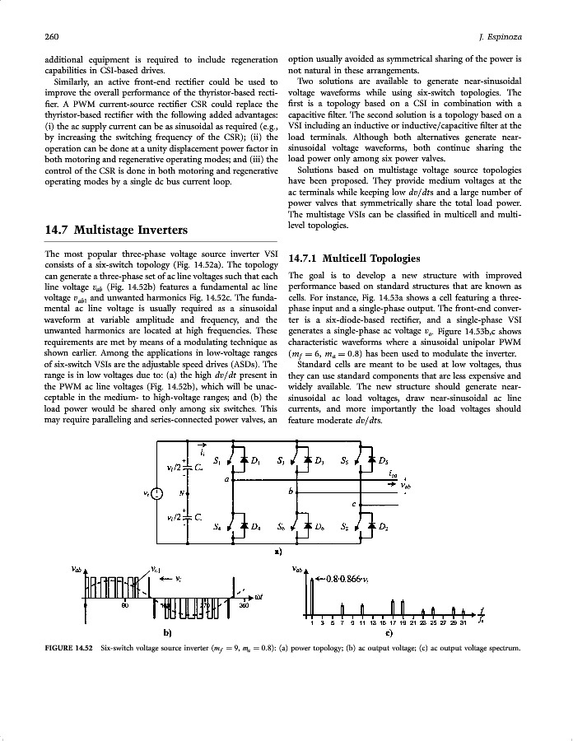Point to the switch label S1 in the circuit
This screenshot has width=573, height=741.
click(217, 461)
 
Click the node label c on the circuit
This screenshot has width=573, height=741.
click(353, 503)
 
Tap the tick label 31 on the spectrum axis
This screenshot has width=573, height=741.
click(464, 623)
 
